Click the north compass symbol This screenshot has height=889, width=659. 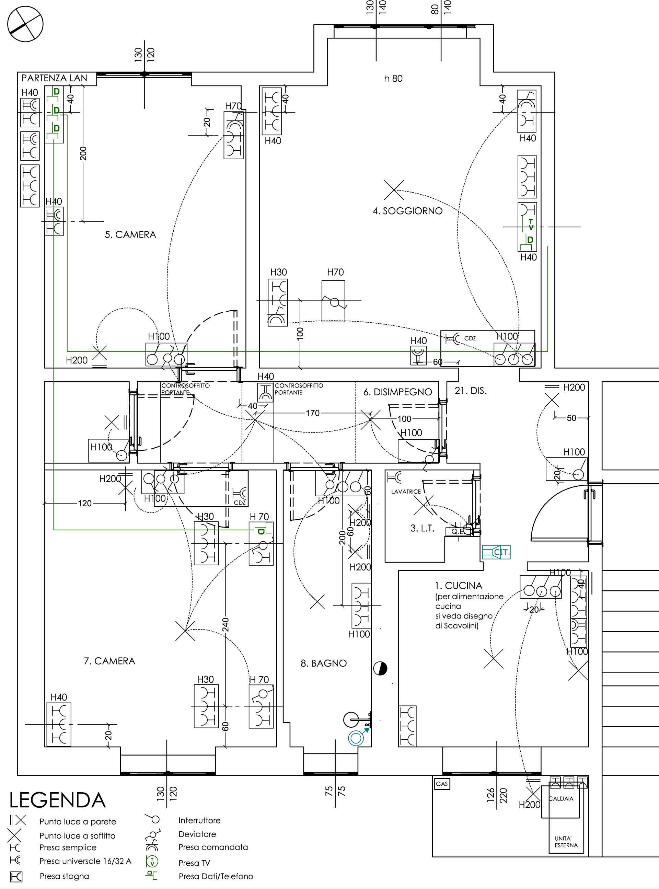click(x=25, y=24)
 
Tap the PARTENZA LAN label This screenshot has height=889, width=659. click(x=54, y=78)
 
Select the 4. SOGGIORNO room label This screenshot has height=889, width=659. click(x=407, y=211)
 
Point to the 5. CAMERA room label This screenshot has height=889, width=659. click(x=130, y=234)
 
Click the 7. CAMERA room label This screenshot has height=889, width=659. click(x=109, y=661)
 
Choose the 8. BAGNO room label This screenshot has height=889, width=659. click(x=324, y=663)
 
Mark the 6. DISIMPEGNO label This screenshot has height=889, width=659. click(x=397, y=392)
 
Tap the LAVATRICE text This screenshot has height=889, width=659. click(x=406, y=492)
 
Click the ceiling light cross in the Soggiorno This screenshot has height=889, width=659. click(x=394, y=190)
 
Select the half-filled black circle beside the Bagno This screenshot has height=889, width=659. click(x=380, y=668)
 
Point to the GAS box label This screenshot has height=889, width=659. click(x=442, y=784)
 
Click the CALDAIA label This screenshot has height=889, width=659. click(x=561, y=798)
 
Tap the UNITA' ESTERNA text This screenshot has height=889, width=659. click(x=566, y=842)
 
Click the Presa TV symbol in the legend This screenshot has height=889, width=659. click(x=152, y=861)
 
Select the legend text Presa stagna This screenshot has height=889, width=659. click(x=64, y=876)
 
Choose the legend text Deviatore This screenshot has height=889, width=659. click(x=197, y=834)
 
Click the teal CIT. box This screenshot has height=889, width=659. click(x=496, y=552)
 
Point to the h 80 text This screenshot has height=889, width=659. click(x=393, y=79)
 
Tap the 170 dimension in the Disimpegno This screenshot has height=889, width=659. click(x=312, y=413)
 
